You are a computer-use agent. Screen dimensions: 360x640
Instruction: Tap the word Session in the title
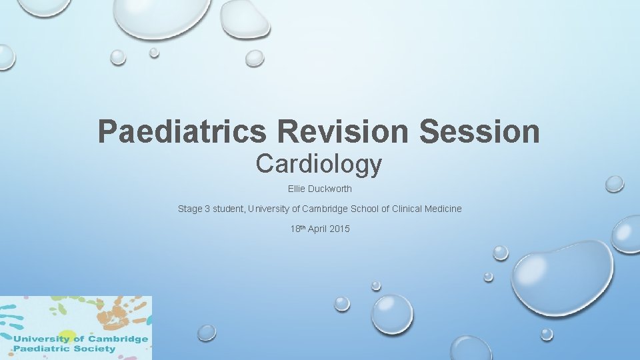click(x=479, y=131)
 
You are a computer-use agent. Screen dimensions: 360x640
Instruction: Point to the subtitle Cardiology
click(x=319, y=164)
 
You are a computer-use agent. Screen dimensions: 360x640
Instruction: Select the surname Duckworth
click(x=330, y=189)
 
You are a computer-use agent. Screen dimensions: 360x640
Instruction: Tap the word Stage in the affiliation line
click(x=189, y=209)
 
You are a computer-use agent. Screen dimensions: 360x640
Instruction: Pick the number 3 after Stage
click(x=207, y=209)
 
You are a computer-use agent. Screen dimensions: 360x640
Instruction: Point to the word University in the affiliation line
click(x=269, y=209)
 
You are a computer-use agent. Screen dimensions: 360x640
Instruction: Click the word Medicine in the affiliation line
click(x=443, y=209)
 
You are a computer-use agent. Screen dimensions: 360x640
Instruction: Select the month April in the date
click(x=319, y=229)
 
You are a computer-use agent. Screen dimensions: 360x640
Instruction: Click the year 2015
click(x=340, y=229)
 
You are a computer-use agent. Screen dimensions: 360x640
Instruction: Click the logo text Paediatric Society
click(x=64, y=349)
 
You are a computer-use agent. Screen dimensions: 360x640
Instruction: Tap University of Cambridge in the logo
click(x=80, y=339)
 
